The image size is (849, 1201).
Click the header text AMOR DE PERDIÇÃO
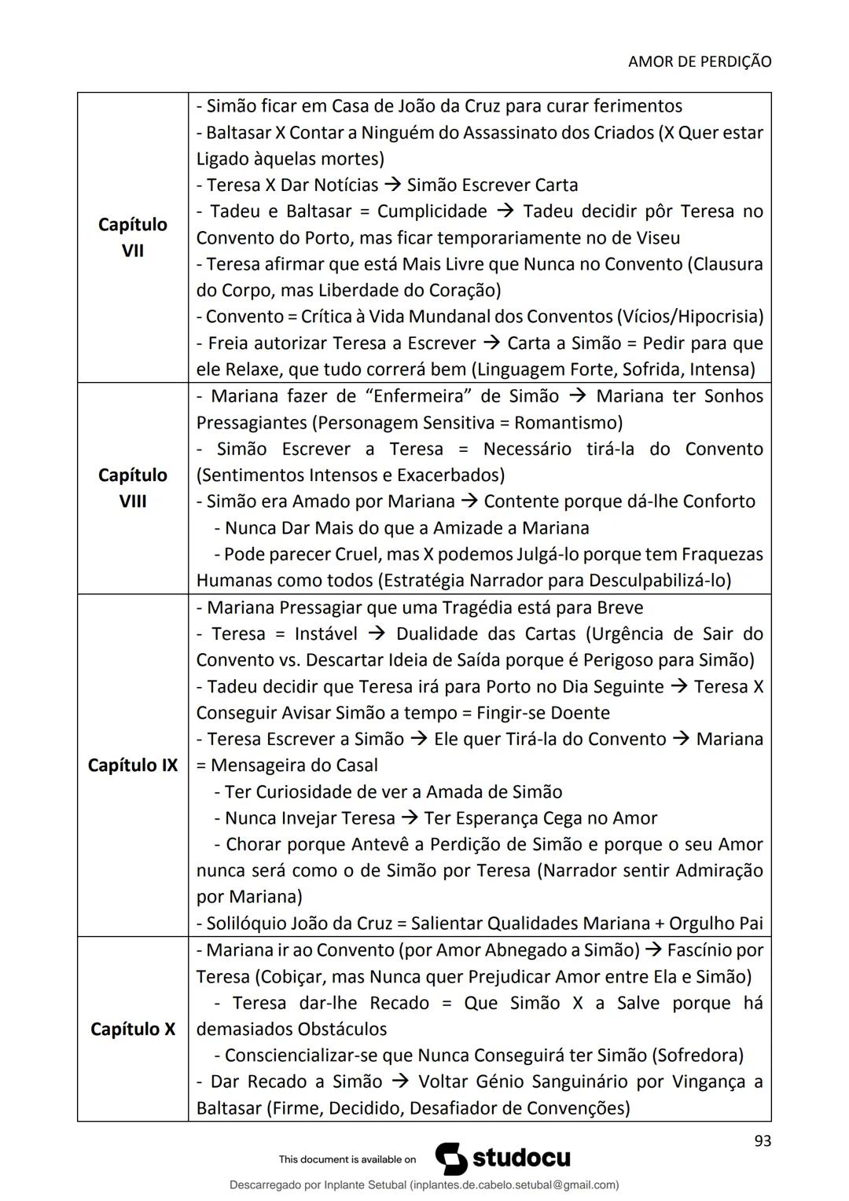point(700,61)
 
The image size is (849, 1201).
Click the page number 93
point(762,1141)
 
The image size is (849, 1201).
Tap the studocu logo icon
point(450,1159)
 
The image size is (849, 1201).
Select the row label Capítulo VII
point(132,237)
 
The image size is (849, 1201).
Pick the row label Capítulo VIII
point(132,488)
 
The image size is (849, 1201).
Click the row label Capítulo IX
point(132,765)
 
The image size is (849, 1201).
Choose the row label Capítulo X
point(132,1029)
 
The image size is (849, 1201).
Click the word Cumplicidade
point(432,211)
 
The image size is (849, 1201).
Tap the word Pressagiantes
point(251,423)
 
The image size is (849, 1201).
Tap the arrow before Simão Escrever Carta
point(392,185)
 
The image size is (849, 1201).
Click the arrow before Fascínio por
point(652,950)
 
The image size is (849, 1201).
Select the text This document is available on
point(347,1159)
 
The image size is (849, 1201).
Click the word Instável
point(325,634)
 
